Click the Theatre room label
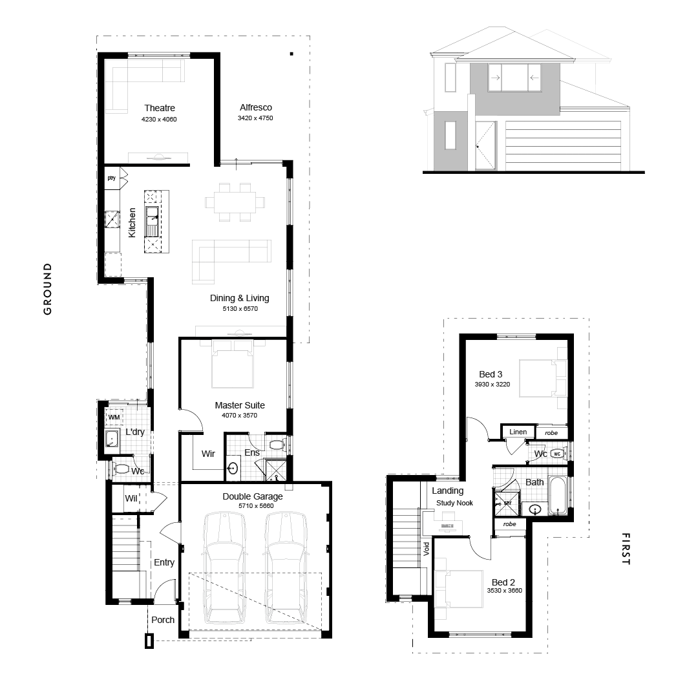[160, 108]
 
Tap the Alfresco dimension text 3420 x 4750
[255, 118]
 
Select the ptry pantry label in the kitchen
[111, 178]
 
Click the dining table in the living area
[235, 202]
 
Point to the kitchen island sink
[153, 220]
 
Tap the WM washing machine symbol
[114, 417]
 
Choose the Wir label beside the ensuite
[208, 454]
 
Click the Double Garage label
[253, 496]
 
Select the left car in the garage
[224, 567]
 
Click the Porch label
[162, 620]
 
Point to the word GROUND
[48, 289]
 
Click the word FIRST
[626, 549]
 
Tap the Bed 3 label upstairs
[491, 374]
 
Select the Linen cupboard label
[518, 432]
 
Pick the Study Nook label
[454, 503]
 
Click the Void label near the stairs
[427, 549]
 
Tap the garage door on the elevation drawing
[563, 145]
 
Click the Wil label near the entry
[131, 498]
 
